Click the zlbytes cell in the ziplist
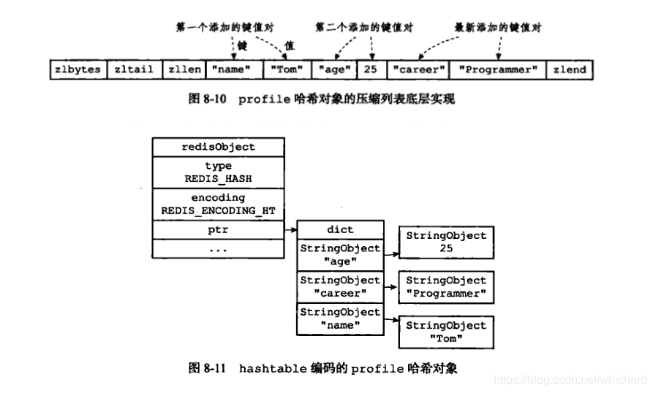78,69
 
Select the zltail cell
134,69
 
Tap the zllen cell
184,69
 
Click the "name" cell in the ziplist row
233,69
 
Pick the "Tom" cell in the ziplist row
285,69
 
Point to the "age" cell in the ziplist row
333,69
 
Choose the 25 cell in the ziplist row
371,69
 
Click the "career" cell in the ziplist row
418,69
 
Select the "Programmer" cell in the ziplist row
498,69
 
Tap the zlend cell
570,69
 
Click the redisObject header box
218,147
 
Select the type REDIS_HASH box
218,172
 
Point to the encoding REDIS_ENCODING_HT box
218,204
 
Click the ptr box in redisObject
218,229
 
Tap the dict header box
340,229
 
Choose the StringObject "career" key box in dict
340,287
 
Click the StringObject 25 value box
446,242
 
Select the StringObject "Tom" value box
446,332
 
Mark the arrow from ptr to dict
290,229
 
